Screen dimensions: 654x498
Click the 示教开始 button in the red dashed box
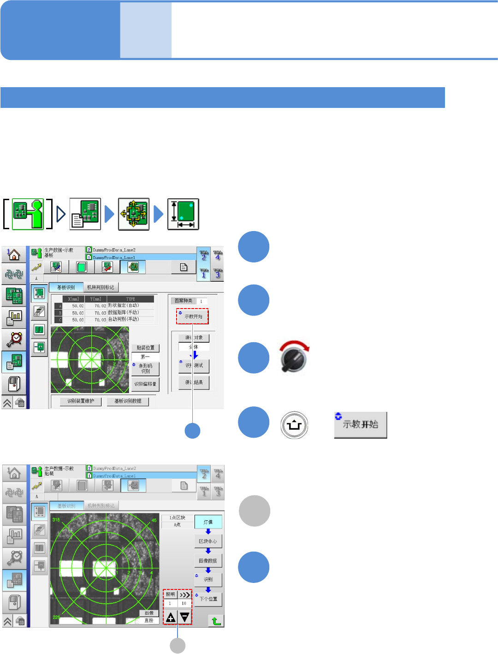click(x=193, y=316)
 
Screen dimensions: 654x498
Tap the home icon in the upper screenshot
click(x=14, y=254)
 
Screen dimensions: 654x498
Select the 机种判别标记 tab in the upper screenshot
click(x=101, y=287)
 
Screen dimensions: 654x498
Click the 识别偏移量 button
click(x=145, y=384)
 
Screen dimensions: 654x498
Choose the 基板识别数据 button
click(x=128, y=401)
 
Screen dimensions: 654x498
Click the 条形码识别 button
click(x=145, y=369)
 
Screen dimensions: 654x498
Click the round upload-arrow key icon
click(x=294, y=425)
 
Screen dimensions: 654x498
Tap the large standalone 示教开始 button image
click(x=361, y=425)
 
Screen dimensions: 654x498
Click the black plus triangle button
click(x=171, y=618)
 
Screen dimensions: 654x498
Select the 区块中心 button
click(x=208, y=541)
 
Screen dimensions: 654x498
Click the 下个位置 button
click(x=208, y=599)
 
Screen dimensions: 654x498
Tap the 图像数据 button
click(x=208, y=561)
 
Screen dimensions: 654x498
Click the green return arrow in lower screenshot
click(x=216, y=621)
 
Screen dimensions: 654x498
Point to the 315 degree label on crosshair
click(x=56, y=520)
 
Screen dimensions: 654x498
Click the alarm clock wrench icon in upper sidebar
click(x=14, y=339)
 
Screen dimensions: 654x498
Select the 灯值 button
click(x=208, y=522)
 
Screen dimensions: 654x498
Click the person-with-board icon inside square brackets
click(x=28, y=214)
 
